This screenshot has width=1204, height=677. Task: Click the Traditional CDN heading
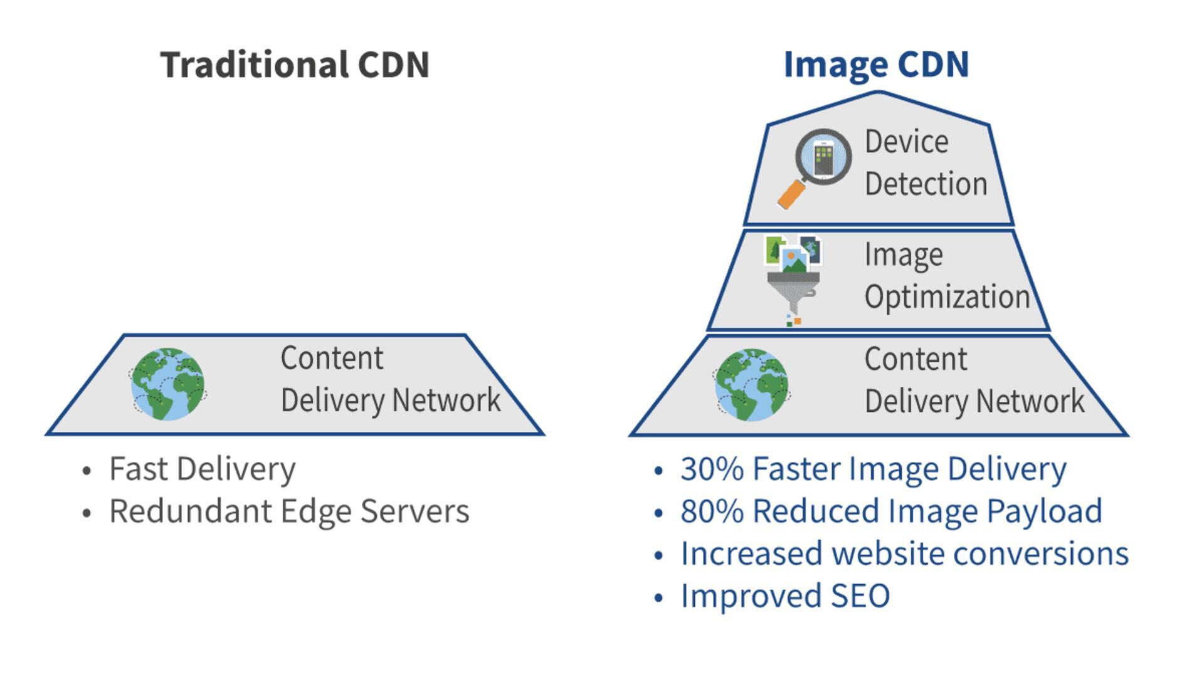point(295,65)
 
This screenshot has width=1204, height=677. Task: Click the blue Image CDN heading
point(876,65)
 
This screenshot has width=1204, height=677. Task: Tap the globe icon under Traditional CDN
point(168,384)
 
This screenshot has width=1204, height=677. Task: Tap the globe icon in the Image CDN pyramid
point(751,384)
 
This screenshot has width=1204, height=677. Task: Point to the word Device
point(906,142)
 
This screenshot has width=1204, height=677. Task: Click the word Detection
point(926,184)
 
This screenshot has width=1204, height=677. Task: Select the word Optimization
point(947,297)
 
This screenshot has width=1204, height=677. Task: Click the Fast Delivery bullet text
point(202,469)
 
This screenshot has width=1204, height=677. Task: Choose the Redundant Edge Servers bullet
point(289,511)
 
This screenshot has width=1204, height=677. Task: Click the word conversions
point(1041,554)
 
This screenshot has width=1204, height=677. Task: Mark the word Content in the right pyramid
point(916,359)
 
